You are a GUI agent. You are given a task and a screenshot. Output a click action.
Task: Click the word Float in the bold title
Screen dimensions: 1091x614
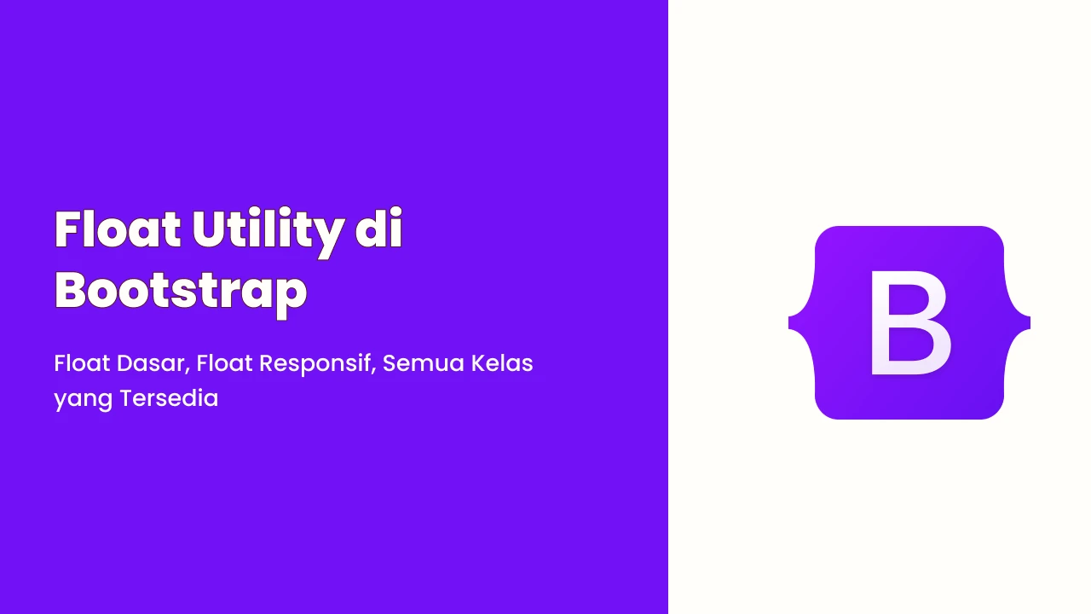pos(118,229)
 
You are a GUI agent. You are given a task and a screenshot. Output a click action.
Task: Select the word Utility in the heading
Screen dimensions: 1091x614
pos(268,233)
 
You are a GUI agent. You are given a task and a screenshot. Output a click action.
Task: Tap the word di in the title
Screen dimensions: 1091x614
pos(378,228)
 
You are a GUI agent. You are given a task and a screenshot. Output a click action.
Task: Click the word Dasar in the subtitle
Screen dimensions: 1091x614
pos(150,363)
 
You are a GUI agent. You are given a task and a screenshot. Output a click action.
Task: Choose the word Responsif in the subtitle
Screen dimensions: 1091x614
pos(315,364)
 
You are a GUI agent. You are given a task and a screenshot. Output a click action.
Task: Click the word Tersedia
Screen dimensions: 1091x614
pos(169,398)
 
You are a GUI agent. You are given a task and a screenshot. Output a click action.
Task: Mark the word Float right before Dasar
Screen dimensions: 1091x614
pos(82,363)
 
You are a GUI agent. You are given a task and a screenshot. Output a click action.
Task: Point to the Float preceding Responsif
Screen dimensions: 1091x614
pos(224,363)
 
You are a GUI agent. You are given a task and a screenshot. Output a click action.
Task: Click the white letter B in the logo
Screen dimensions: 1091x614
pos(909,322)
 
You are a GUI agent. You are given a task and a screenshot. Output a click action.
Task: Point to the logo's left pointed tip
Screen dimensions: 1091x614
pos(788,322)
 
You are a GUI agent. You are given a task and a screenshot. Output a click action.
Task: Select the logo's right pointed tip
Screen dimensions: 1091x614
pos(1030,322)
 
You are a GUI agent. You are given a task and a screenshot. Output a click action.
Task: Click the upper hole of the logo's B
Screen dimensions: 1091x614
pos(907,299)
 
